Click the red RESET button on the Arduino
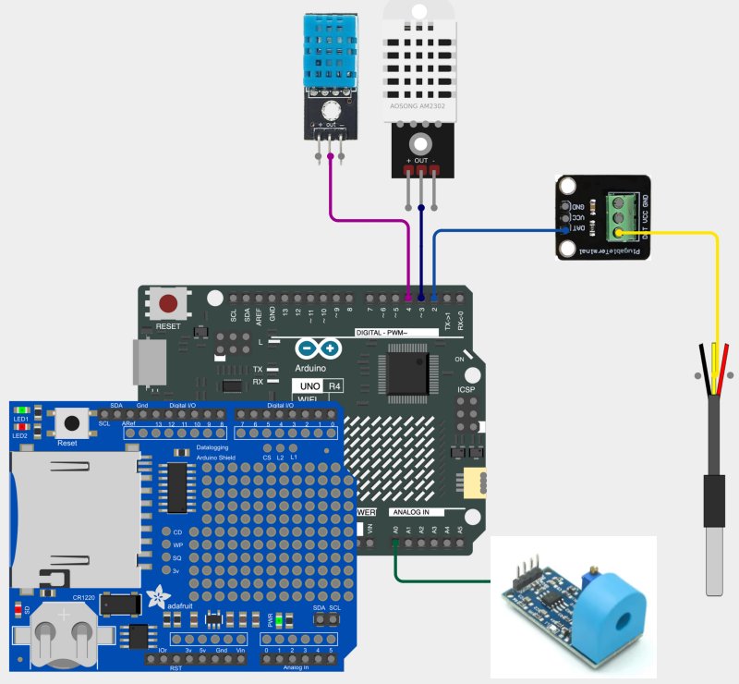(x=168, y=303)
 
